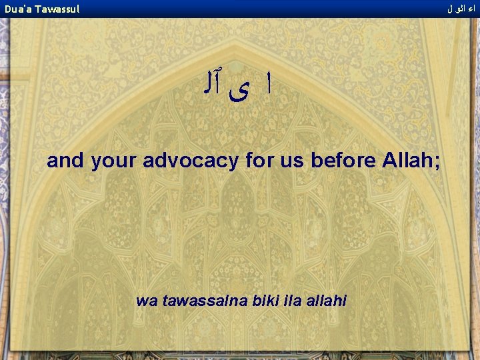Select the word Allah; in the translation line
(411, 161)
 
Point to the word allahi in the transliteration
(326, 301)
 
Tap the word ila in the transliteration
(293, 301)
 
